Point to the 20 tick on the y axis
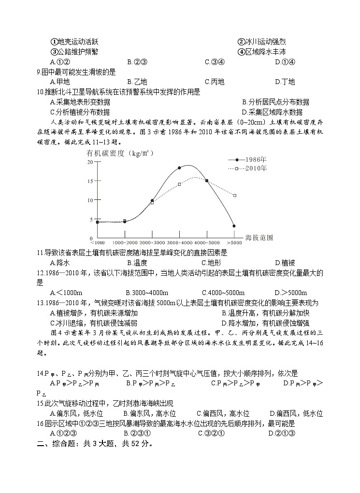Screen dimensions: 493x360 pos(90,162)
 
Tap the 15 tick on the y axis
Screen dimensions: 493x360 pos(90,181)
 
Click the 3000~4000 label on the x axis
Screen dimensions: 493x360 pos(180,241)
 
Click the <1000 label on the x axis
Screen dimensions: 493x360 pos(97,241)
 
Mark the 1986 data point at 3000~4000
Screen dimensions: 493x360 pos(179,168)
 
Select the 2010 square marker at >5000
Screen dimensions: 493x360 pos(234,196)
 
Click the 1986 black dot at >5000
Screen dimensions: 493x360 pos(234,226)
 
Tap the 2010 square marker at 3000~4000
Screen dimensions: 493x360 pos(179,184)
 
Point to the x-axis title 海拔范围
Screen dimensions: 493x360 pos(259,238)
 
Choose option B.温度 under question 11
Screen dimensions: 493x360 pos(137,263)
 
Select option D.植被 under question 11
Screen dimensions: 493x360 pos(285,263)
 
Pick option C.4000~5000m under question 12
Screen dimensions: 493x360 pos(223,293)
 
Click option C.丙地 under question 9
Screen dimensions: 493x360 pos(215,82)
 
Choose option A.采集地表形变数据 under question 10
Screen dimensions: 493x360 pos(80,102)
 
